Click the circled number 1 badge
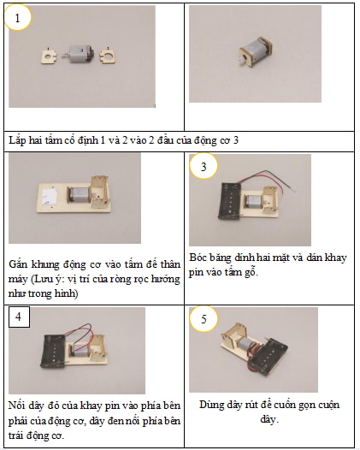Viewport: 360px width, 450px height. coord(17,18)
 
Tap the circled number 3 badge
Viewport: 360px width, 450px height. coord(204,167)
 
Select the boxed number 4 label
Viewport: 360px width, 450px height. coord(19,317)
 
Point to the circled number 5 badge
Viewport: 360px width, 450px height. coord(204,319)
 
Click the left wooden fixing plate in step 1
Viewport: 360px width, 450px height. coord(49,56)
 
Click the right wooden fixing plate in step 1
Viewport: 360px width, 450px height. coord(108,56)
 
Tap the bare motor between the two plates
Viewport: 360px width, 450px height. coord(80,55)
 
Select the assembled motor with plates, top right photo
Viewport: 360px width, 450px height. coord(255,52)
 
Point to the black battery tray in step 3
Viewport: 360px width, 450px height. coord(230,201)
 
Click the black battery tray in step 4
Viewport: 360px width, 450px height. coord(54,351)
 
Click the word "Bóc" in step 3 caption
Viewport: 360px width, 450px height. coord(198,258)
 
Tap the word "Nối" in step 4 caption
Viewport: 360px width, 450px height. coord(16,406)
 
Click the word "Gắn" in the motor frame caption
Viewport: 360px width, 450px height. coord(18,264)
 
